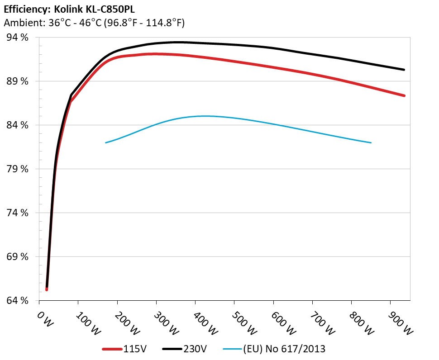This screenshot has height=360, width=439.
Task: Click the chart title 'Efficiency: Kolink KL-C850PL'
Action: tap(69, 9)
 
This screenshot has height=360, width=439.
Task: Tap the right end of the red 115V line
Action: tap(404, 95)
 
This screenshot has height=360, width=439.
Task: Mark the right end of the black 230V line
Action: tap(404, 70)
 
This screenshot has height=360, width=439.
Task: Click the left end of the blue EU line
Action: tap(105, 143)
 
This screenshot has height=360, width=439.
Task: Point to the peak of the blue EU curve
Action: tap(204, 116)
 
